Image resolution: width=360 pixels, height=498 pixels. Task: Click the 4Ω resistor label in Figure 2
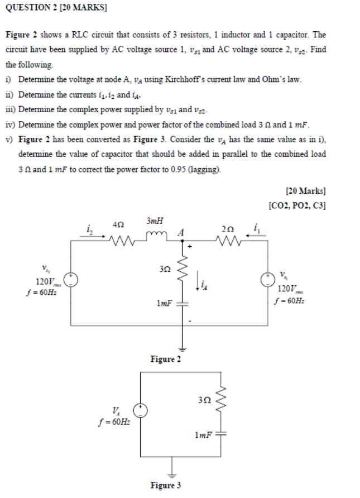(x=118, y=224)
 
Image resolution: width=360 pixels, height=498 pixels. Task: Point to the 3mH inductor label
(x=155, y=221)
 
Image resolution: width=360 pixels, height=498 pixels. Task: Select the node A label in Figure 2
(x=180, y=232)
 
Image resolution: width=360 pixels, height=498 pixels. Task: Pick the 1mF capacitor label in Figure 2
(x=164, y=304)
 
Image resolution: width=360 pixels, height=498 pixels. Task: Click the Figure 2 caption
(x=165, y=359)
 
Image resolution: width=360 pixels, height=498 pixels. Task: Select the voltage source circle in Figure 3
(x=142, y=411)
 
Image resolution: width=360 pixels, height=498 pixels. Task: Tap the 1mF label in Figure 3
(x=203, y=434)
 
